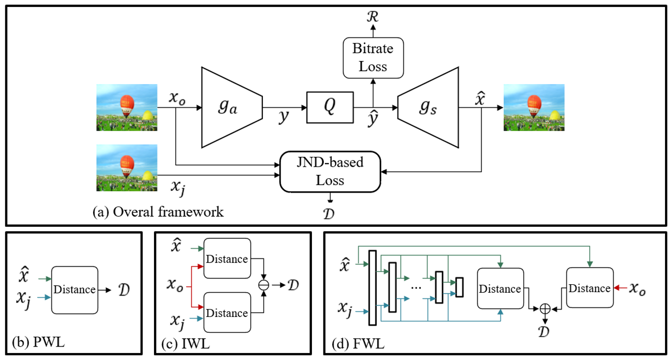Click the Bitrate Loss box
[x=373, y=57]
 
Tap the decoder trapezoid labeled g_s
[x=427, y=107]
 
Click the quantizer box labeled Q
[x=330, y=107]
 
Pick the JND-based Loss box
[x=330, y=171]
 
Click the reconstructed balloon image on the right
[x=534, y=107]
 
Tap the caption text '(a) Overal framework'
[x=158, y=212]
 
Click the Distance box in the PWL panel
[x=74, y=290]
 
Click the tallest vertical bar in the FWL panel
[x=372, y=288]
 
